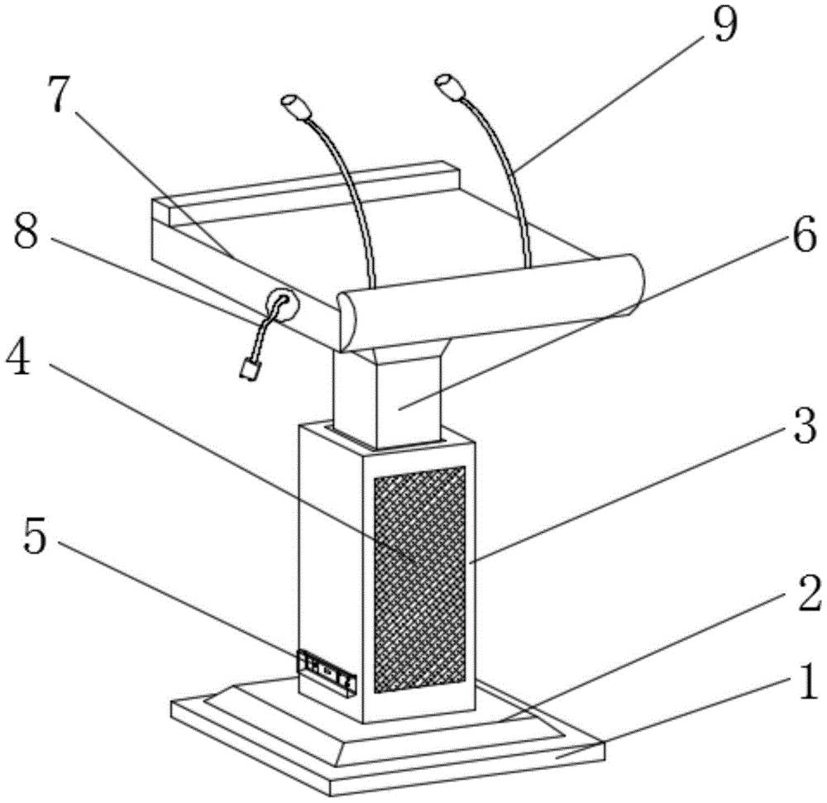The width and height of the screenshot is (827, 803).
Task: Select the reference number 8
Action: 26,234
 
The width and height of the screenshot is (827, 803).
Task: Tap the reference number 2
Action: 809,594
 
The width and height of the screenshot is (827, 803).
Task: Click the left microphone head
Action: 296,108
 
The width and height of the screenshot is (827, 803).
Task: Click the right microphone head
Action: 451,86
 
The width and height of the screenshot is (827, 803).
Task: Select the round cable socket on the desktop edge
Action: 284,305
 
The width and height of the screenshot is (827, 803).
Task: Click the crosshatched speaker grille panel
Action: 420,580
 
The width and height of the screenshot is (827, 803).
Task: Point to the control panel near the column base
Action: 327,672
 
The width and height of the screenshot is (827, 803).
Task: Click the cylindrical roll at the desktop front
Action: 490,301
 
